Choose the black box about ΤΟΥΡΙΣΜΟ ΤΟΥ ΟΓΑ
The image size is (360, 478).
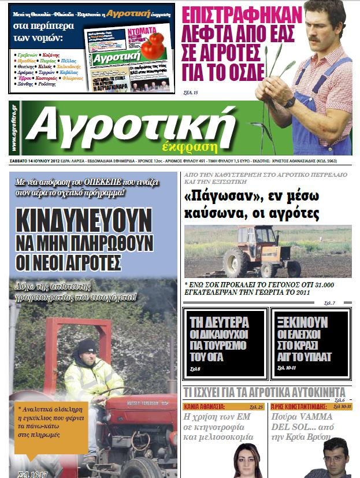(225, 344)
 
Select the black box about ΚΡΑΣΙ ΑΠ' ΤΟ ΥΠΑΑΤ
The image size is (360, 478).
(310, 344)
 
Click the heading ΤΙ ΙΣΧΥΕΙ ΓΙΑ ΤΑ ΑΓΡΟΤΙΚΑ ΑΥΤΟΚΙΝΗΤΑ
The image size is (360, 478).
(265, 391)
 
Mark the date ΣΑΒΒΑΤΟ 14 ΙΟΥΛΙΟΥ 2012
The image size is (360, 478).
(36, 160)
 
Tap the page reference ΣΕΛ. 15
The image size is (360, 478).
(191, 92)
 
